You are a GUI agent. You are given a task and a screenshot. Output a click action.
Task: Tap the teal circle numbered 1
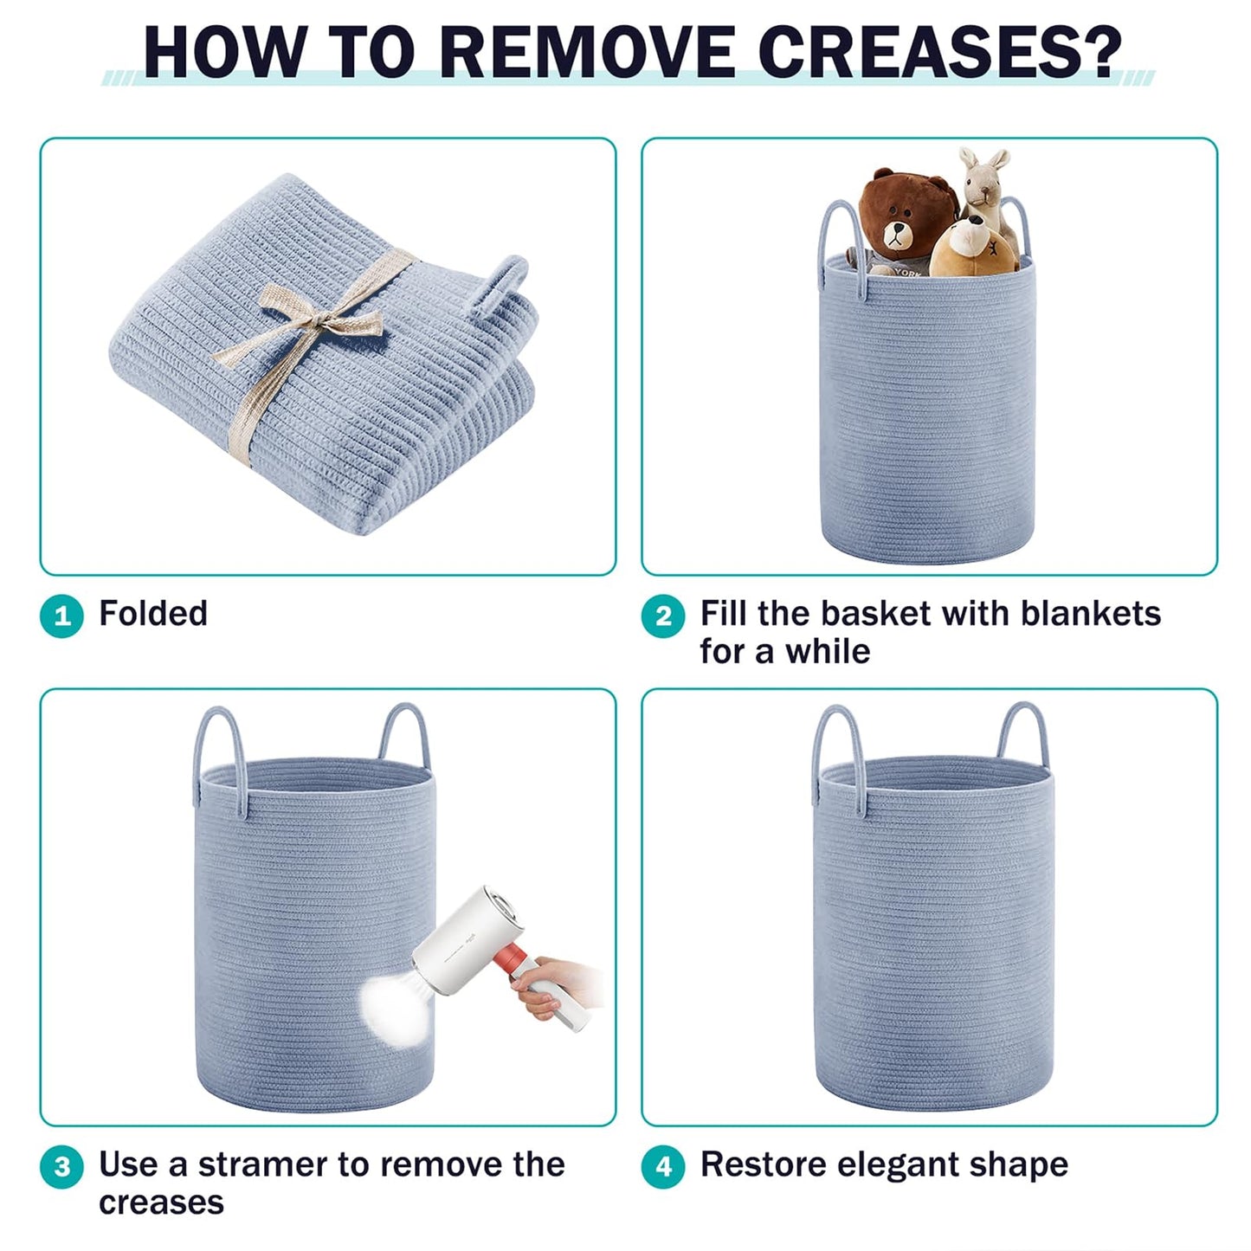click(62, 616)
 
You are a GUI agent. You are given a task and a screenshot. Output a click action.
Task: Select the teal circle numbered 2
click(663, 616)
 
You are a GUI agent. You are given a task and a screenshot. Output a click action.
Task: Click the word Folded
click(153, 614)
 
